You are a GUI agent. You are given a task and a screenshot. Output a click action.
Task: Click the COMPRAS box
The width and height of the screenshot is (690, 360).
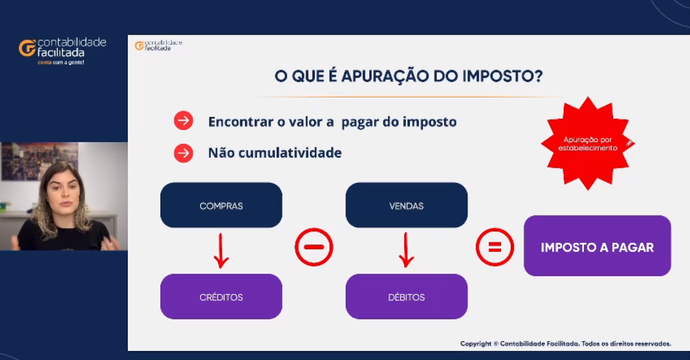(221, 205)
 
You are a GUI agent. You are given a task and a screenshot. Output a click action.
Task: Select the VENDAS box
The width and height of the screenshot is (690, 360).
(407, 205)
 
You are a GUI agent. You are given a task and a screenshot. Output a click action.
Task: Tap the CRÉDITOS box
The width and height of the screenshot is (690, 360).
(221, 297)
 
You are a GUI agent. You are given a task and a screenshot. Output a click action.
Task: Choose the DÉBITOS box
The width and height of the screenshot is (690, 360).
(407, 297)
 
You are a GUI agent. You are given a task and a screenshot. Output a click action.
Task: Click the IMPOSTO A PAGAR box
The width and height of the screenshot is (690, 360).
(597, 246)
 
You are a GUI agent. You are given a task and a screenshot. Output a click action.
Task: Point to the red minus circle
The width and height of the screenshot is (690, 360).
(314, 247)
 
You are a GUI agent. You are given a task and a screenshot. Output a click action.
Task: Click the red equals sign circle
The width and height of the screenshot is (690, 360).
(495, 247)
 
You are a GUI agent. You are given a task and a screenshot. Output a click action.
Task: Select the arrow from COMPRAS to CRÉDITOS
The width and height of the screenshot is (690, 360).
(221, 251)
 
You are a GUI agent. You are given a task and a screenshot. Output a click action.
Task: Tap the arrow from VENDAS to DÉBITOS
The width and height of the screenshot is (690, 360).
(406, 250)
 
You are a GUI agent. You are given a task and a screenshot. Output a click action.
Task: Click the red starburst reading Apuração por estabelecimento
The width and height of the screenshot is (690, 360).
(588, 144)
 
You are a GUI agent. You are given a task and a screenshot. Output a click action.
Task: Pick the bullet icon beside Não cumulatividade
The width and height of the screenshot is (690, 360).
(184, 153)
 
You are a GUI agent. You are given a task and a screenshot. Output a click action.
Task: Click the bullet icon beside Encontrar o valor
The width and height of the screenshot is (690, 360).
(184, 121)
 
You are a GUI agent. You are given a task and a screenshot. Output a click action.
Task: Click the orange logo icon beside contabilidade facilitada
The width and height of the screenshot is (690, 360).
(27, 48)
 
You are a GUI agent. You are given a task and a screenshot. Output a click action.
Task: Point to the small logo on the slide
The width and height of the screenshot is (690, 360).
(159, 45)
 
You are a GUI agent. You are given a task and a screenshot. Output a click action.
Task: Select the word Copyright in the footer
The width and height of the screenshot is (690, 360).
(476, 344)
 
